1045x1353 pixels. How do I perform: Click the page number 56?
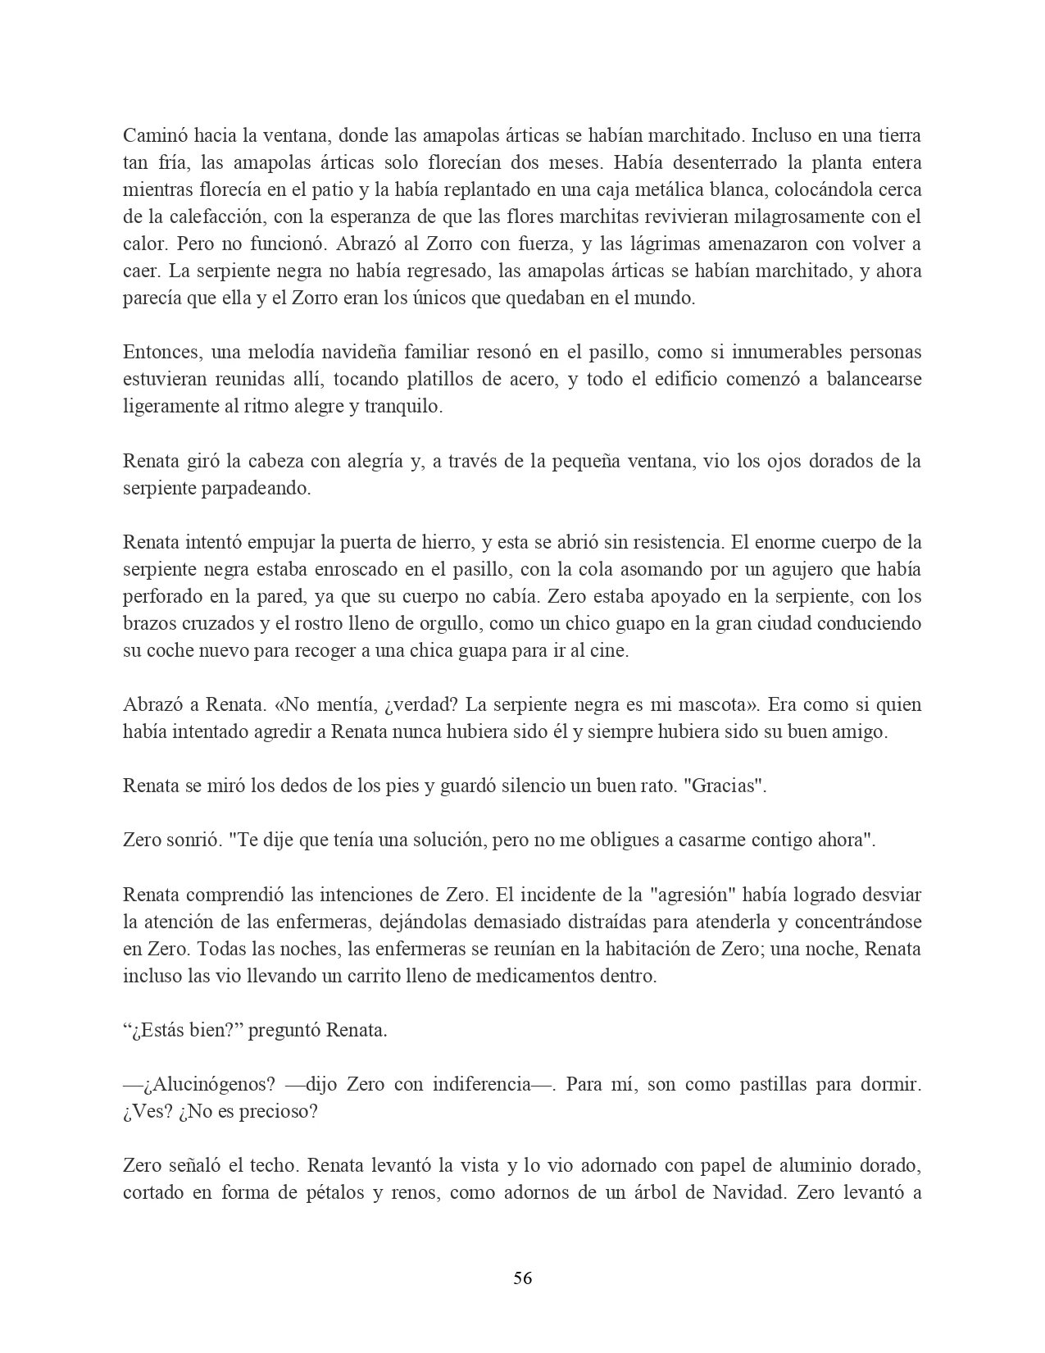(x=522, y=1278)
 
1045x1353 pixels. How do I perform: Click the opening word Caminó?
(x=152, y=135)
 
